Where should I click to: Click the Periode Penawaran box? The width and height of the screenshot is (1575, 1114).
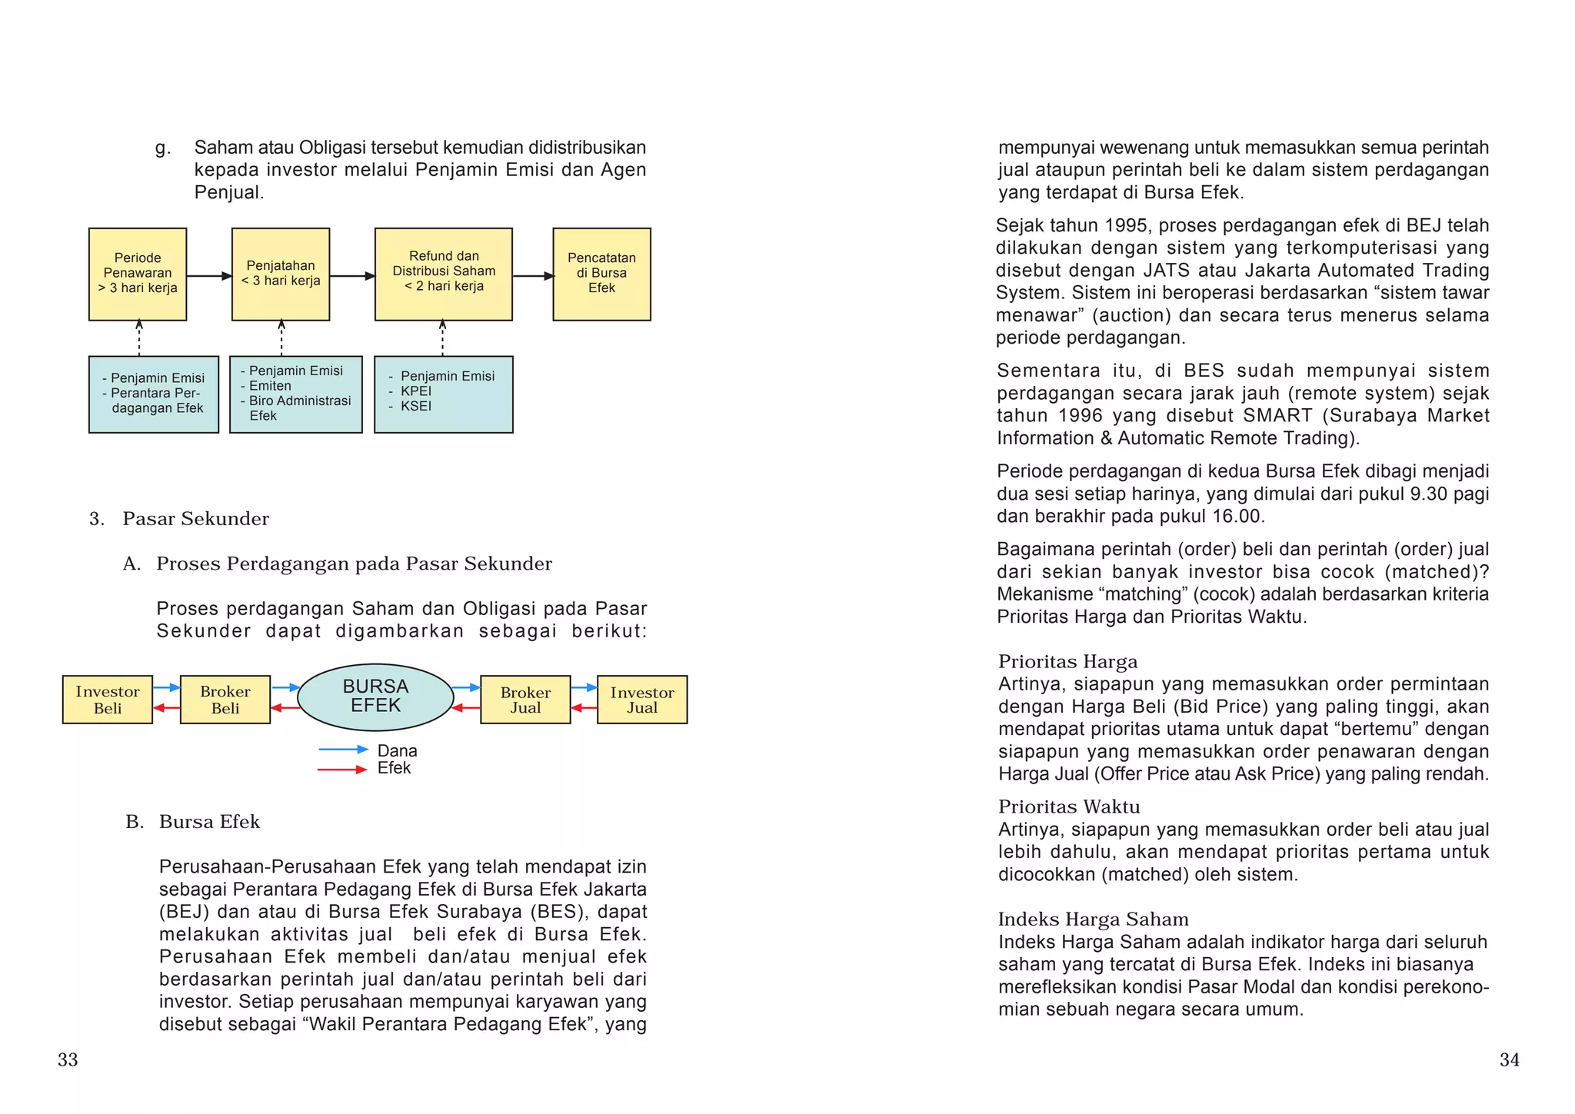pyautogui.click(x=138, y=274)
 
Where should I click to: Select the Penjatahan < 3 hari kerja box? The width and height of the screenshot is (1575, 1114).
pyautogui.click(x=281, y=274)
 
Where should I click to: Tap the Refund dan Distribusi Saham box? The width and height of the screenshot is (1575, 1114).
pyautogui.click(x=444, y=274)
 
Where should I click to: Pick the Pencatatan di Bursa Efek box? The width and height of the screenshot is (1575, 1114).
pyautogui.click(x=601, y=274)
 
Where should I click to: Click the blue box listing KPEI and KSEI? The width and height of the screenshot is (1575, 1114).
pyautogui.click(x=444, y=394)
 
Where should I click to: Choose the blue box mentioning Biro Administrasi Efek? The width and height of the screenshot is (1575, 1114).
pyautogui.click(x=296, y=394)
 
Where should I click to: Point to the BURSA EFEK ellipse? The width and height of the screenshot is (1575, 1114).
pyautogui.click(x=375, y=697)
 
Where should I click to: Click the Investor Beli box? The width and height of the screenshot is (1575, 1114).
pyautogui.click(x=108, y=700)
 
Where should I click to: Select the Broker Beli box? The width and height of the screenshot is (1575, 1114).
pyautogui.click(x=225, y=700)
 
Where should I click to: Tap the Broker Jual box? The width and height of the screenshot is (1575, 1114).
pyautogui.click(x=525, y=700)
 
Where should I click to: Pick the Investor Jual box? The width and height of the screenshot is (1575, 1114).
pyautogui.click(x=642, y=700)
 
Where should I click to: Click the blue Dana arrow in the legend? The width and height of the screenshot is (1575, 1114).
pyautogui.click(x=343, y=750)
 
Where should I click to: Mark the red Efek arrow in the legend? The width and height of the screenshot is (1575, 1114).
pyautogui.click(x=343, y=770)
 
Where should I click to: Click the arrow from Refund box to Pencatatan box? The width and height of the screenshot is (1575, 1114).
pyautogui.click(x=533, y=276)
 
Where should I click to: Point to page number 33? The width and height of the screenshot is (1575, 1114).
pyautogui.click(x=68, y=1060)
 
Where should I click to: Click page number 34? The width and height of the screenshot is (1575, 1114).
pyautogui.click(x=1509, y=1060)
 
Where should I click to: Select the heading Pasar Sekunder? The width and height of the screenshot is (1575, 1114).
pyautogui.click(x=195, y=519)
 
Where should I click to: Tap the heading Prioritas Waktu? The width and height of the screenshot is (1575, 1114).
pyautogui.click(x=1069, y=806)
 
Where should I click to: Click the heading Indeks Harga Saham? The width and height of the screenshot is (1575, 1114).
pyautogui.click(x=1093, y=919)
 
